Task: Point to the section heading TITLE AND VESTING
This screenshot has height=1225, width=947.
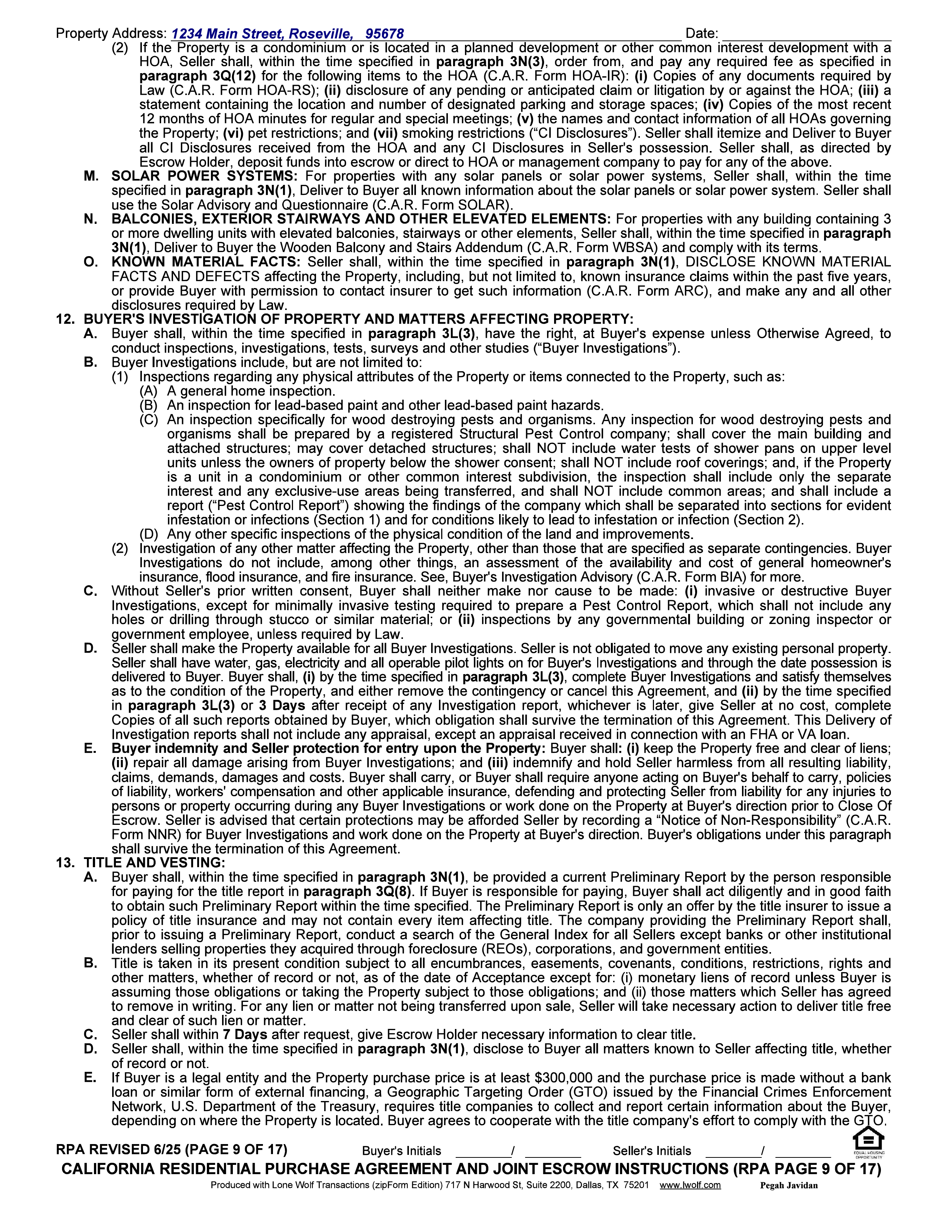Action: [154, 863]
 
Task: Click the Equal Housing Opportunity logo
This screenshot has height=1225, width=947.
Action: [869, 1143]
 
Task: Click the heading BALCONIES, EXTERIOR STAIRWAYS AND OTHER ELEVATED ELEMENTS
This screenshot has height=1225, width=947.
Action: [361, 219]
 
